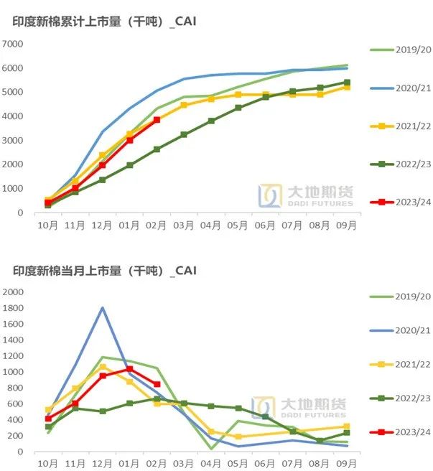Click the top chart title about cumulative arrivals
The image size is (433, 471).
pos(104,22)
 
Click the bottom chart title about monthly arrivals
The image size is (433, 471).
pos(104,271)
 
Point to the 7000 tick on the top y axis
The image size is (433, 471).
pos(14,45)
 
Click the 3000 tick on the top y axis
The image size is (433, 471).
pos(14,141)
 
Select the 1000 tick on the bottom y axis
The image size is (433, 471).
pos(14,372)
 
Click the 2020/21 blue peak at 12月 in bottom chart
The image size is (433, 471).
pos(103,308)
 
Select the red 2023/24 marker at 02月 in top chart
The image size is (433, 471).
pos(157,120)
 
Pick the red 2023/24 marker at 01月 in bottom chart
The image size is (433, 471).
pos(129,369)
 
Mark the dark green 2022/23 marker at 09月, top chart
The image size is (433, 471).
pos(347,83)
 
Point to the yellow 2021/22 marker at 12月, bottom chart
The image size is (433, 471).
pos(103,367)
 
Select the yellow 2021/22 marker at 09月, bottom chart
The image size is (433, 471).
pos(347,426)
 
